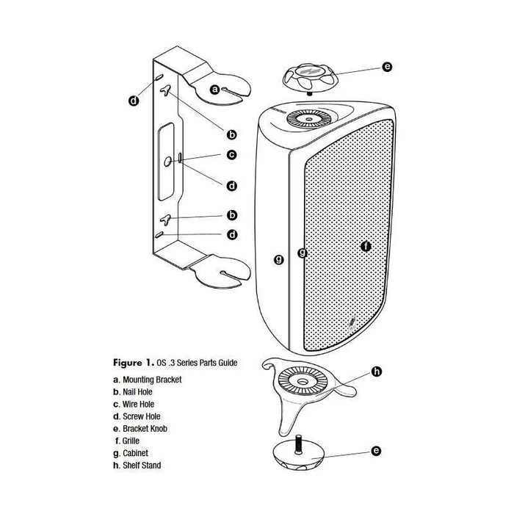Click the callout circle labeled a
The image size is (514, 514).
[x=215, y=89]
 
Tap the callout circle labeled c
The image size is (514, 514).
[x=231, y=155]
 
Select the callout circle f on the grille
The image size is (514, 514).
[x=366, y=247]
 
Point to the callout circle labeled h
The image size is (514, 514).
[x=377, y=372]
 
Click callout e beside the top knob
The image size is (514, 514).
[x=387, y=67]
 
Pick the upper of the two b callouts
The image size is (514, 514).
[x=231, y=134]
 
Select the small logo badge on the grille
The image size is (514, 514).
[x=353, y=321]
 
